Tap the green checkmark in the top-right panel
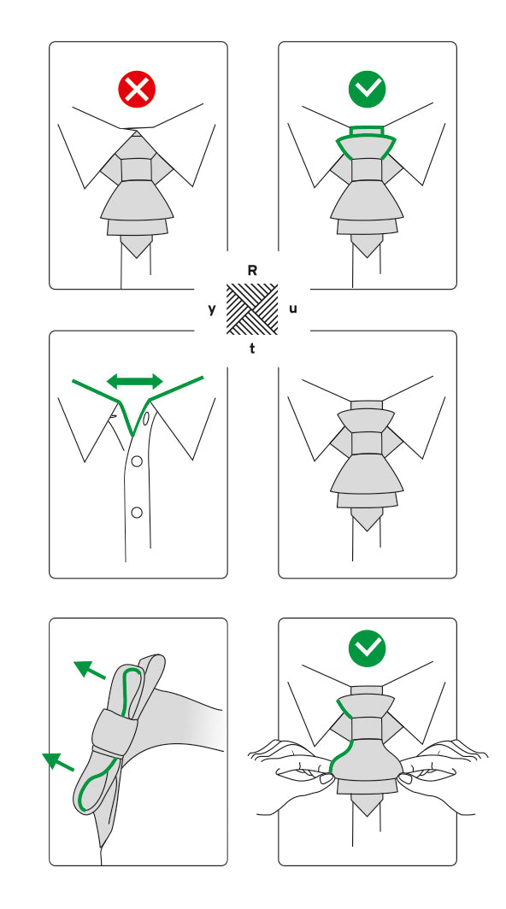pos(368,87)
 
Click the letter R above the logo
pos(252,270)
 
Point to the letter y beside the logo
pos(212,309)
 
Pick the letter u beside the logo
pos(293,308)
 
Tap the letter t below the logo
pos(252,349)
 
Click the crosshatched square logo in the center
pos(252,309)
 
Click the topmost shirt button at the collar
pos(146,419)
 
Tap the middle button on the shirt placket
pos(136,461)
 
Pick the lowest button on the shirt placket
pos(136,512)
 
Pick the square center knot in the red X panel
pos(138,169)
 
